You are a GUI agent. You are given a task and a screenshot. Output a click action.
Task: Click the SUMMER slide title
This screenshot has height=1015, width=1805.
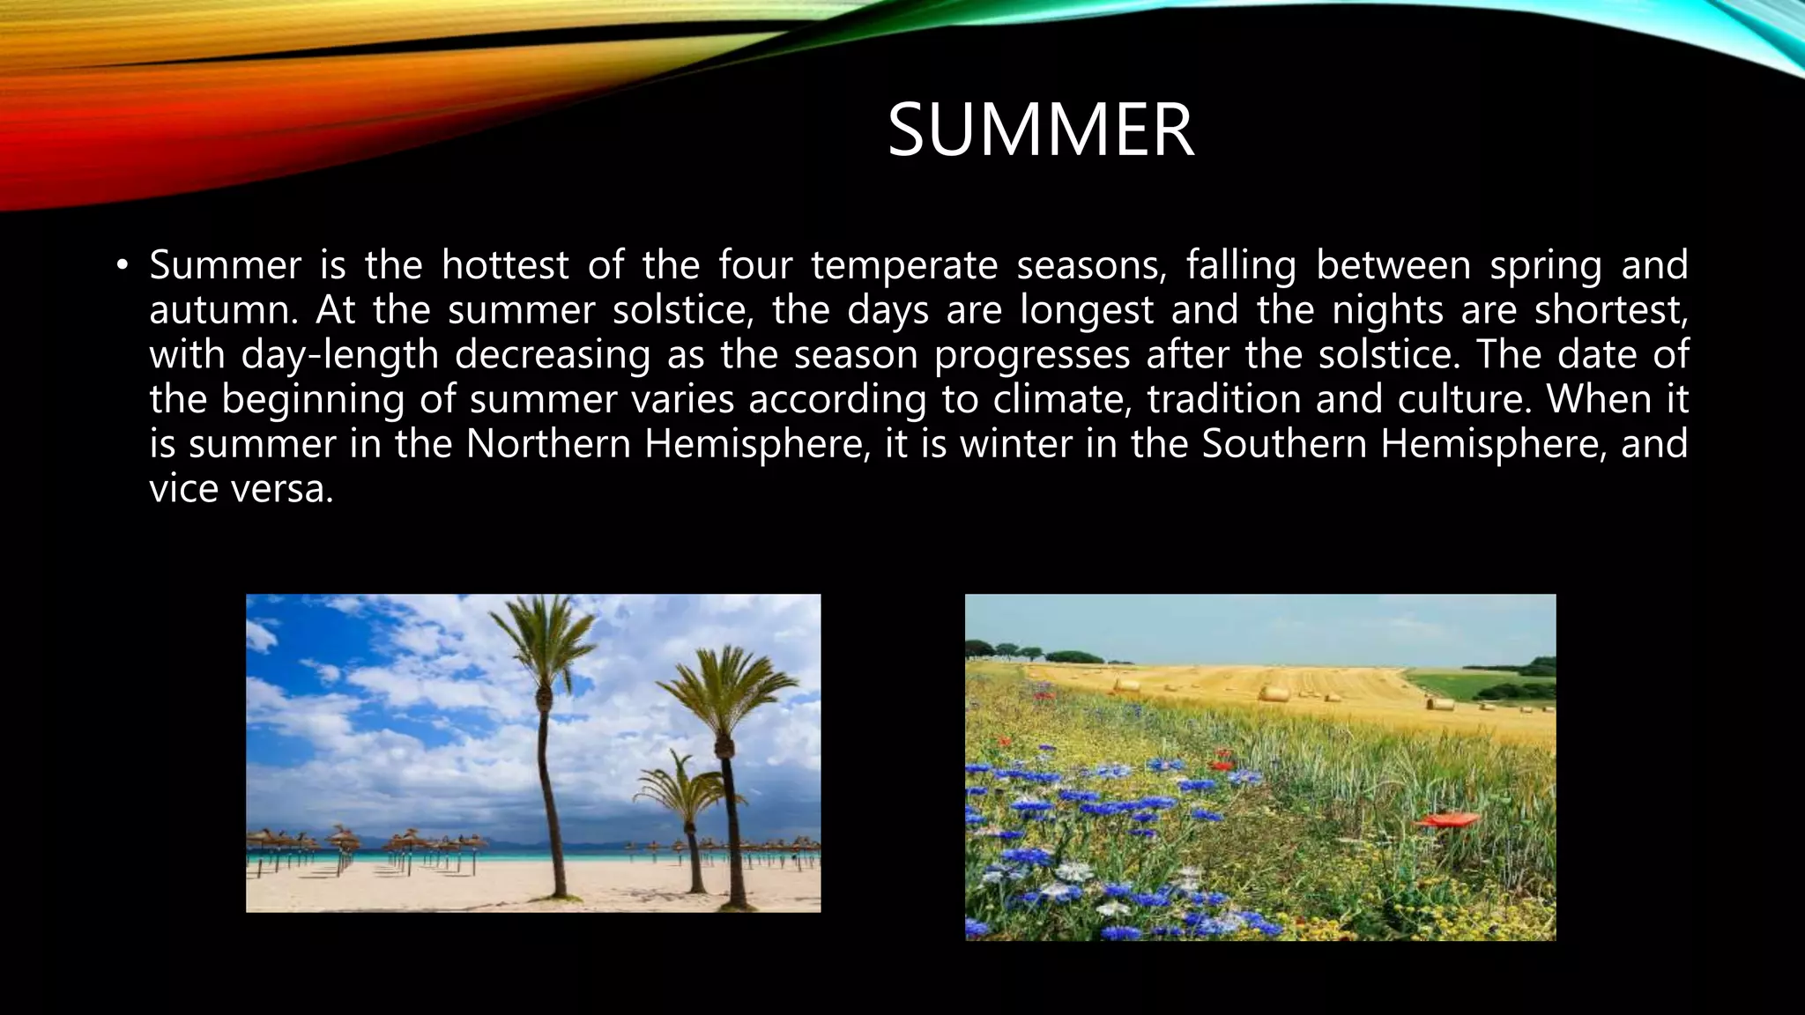[1040, 130]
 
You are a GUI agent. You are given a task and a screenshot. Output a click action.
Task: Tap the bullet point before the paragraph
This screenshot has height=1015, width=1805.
[122, 265]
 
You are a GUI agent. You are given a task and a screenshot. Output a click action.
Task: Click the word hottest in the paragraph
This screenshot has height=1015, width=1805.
[505, 265]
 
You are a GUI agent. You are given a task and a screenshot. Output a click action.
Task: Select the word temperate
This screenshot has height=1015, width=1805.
[904, 265]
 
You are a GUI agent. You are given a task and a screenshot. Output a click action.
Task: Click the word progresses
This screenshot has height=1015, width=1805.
[1032, 355]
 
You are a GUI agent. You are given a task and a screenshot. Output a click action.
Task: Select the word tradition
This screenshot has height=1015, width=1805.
[1224, 400]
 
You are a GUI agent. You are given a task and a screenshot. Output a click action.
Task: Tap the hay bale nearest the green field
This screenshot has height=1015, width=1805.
[1440, 703]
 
